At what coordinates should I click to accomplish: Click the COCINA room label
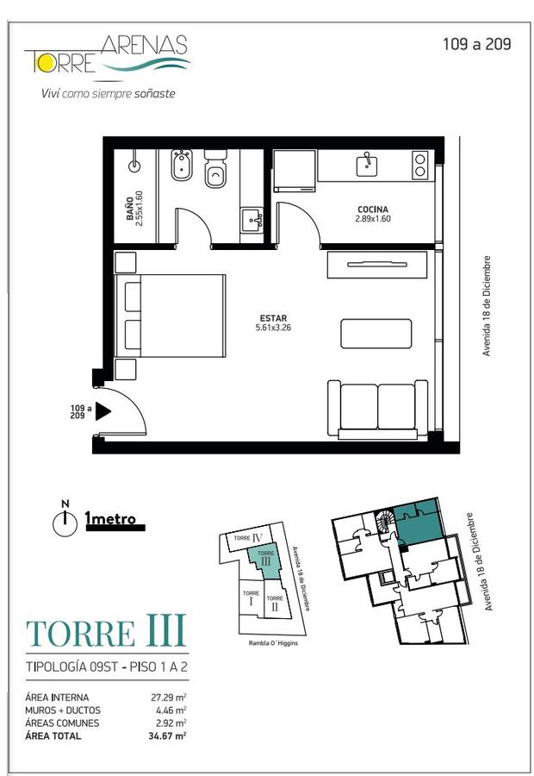373,210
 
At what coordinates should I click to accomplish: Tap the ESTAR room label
273,318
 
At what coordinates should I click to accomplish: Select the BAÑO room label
129,209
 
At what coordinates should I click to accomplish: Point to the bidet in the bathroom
182,166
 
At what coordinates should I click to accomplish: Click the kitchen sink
368,165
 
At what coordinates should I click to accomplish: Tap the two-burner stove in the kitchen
419,165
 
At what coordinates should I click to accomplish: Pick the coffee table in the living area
376,334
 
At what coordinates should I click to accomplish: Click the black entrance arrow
102,411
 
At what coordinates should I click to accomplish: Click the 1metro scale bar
115,528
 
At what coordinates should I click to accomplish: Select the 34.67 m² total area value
167,736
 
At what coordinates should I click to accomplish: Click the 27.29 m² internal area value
168,698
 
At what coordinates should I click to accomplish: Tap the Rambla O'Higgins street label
273,643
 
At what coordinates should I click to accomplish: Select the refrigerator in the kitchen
295,170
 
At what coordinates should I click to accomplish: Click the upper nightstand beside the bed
125,263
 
